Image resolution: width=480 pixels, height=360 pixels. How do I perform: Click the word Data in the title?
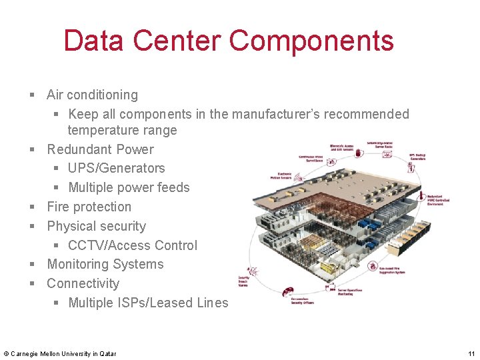(95, 41)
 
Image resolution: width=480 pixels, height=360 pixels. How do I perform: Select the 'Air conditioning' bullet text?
(92, 95)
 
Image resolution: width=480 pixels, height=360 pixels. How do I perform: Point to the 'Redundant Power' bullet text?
(100, 149)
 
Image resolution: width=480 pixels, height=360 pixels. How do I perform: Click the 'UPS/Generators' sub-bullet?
(116, 168)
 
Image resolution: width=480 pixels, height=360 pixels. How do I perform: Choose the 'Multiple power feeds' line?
(129, 187)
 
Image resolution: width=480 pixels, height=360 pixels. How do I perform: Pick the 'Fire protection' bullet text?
(89, 207)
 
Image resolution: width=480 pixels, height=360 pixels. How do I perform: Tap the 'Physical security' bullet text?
(96, 226)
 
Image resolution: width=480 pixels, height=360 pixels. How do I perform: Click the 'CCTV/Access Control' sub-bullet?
(133, 245)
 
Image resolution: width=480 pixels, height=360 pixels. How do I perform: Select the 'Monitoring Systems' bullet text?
(105, 264)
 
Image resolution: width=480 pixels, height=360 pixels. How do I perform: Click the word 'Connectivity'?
(83, 283)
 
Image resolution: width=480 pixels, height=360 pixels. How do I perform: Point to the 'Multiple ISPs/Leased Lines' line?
(148, 303)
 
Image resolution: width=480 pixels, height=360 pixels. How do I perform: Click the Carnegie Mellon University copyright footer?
(59, 353)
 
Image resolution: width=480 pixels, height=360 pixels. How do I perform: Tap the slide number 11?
(471, 353)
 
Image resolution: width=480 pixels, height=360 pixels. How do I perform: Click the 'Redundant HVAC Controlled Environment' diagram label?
(438, 199)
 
